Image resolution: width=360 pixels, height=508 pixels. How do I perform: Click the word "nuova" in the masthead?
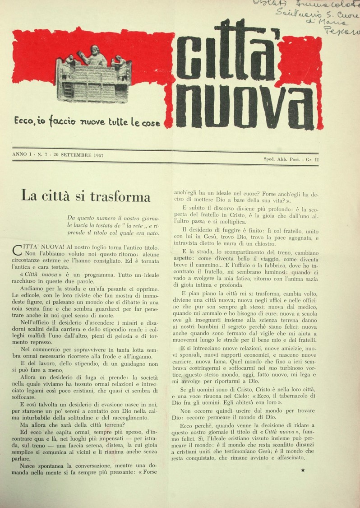246,106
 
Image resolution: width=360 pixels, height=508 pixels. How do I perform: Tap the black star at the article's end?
302,471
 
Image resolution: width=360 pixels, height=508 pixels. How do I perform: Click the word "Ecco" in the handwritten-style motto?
23,121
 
